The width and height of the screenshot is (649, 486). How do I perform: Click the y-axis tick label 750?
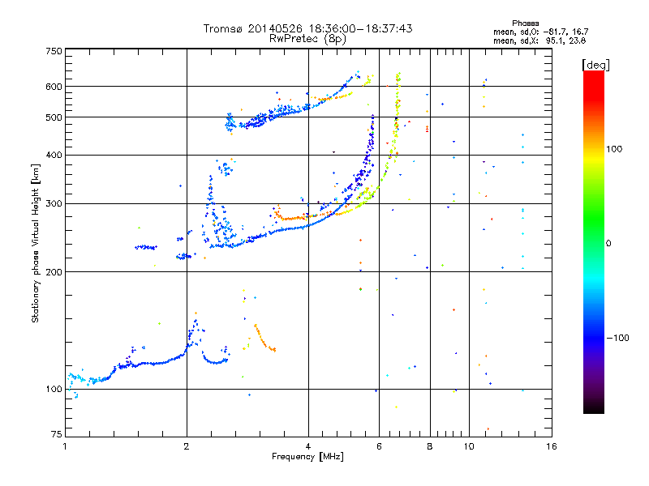(x=54, y=51)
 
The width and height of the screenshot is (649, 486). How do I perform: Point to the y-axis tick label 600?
(x=54, y=87)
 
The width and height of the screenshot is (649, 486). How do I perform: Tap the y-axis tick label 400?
(x=54, y=155)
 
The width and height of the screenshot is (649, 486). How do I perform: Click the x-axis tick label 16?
(x=551, y=446)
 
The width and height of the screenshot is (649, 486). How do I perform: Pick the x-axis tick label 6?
(x=379, y=446)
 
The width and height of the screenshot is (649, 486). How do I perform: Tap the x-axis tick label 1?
(x=65, y=446)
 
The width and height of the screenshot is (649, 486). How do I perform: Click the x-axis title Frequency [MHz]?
(x=307, y=457)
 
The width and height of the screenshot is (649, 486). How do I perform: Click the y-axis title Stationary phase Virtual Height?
(x=36, y=244)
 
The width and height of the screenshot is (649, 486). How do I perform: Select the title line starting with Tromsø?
(x=307, y=28)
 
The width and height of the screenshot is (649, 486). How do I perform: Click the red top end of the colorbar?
(x=593, y=74)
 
